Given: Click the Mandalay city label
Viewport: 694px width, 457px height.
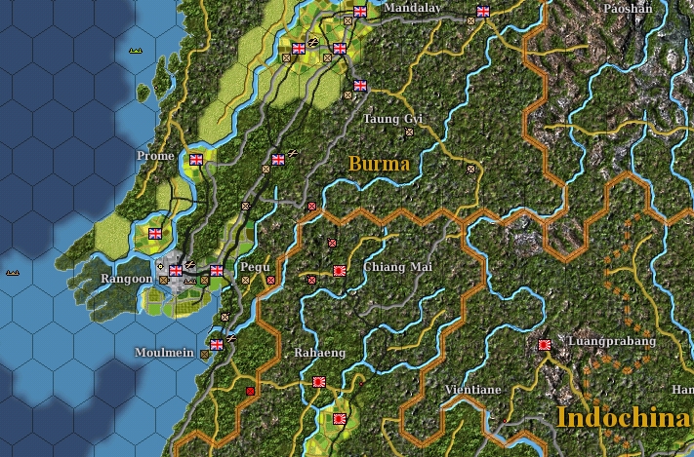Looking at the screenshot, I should tap(412, 9).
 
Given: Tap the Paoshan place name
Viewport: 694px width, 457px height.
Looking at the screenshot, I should tap(627, 8).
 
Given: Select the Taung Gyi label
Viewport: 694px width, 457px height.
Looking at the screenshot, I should tap(392, 119).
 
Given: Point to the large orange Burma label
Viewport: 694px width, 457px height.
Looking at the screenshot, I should tap(379, 163).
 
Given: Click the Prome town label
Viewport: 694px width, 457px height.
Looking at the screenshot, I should tap(156, 156).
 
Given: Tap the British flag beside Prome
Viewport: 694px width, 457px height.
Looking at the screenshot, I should tap(196, 160).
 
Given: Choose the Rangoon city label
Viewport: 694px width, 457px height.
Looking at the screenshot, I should tap(127, 279).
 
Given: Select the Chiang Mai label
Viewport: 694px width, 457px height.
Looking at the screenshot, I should tap(396, 267).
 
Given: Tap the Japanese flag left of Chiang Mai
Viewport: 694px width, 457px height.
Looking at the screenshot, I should tap(340, 270).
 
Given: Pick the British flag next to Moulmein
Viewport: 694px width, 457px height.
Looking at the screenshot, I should tap(217, 344).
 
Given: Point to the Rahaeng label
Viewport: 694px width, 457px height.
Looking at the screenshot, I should tap(320, 353).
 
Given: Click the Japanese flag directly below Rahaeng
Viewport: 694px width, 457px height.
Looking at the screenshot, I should tap(318, 383).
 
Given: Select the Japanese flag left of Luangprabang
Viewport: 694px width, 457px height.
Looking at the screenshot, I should tap(545, 344).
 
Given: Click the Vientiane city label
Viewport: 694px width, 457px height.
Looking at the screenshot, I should tap(472, 390).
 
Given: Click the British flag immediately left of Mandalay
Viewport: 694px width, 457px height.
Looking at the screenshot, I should tap(359, 12).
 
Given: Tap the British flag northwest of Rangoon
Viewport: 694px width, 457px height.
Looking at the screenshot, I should tap(154, 234).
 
